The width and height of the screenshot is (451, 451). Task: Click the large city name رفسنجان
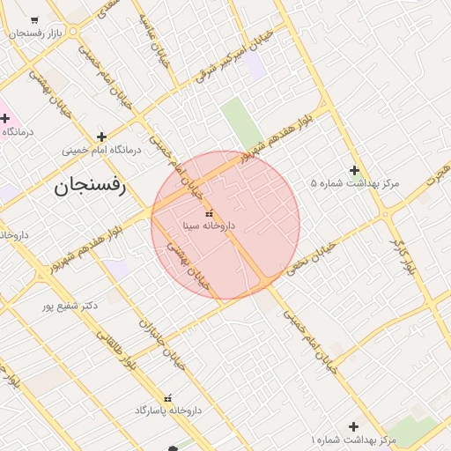tap(91, 186)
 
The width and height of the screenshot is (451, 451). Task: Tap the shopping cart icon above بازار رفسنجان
tap(34, 19)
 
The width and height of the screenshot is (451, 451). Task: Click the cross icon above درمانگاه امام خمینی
tap(102, 137)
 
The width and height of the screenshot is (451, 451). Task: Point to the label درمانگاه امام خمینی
tap(101, 150)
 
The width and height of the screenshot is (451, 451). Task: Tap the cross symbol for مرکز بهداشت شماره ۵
tap(354, 170)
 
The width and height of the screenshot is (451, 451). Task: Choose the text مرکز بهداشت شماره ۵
tap(355, 183)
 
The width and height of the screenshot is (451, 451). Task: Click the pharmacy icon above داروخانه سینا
tap(209, 213)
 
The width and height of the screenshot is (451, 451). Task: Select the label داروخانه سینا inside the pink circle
tap(209, 225)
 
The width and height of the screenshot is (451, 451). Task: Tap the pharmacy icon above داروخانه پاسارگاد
tap(168, 398)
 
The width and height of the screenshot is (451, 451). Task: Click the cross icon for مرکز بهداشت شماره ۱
tap(354, 426)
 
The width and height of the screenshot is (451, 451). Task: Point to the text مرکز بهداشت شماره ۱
tap(353, 439)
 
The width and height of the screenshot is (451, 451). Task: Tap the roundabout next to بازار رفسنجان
tap(72, 33)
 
